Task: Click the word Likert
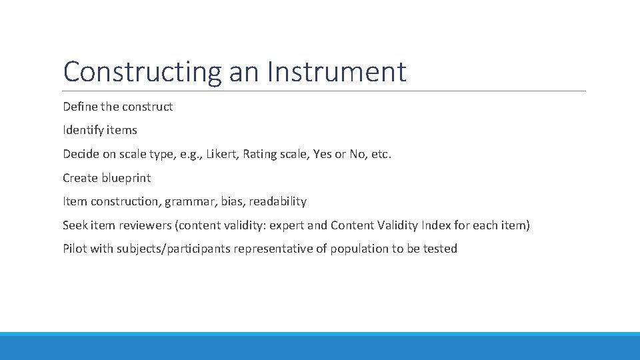(222, 154)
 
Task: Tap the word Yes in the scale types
(321, 154)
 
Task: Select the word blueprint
(126, 178)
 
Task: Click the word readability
(278, 201)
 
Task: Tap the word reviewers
(145, 225)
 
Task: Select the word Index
(436, 225)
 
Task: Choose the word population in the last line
(361, 249)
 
